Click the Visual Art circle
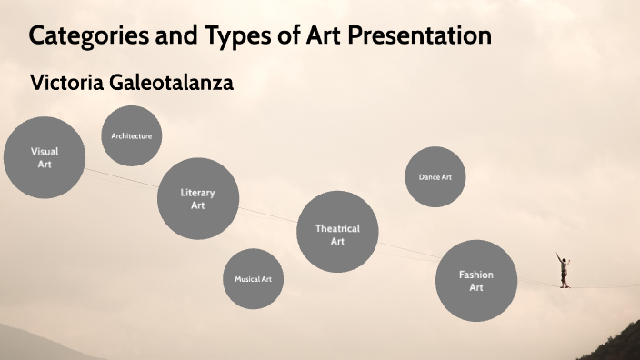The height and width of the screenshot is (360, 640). (45, 157)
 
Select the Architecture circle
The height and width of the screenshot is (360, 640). (132, 136)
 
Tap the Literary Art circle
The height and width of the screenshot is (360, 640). (198, 198)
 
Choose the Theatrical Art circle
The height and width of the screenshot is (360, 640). (337, 234)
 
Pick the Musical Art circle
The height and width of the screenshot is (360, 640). (253, 279)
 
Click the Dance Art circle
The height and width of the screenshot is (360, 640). (435, 177)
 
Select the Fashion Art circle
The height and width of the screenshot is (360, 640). (476, 280)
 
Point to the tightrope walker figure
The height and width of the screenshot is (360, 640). (565, 270)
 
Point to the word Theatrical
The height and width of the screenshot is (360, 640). (337, 228)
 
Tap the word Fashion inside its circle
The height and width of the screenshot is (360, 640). (476, 275)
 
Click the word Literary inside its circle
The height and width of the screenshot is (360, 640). (198, 193)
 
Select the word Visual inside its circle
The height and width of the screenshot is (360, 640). (45, 152)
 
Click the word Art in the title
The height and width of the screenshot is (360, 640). (314, 37)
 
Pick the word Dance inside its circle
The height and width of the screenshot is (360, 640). (428, 177)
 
